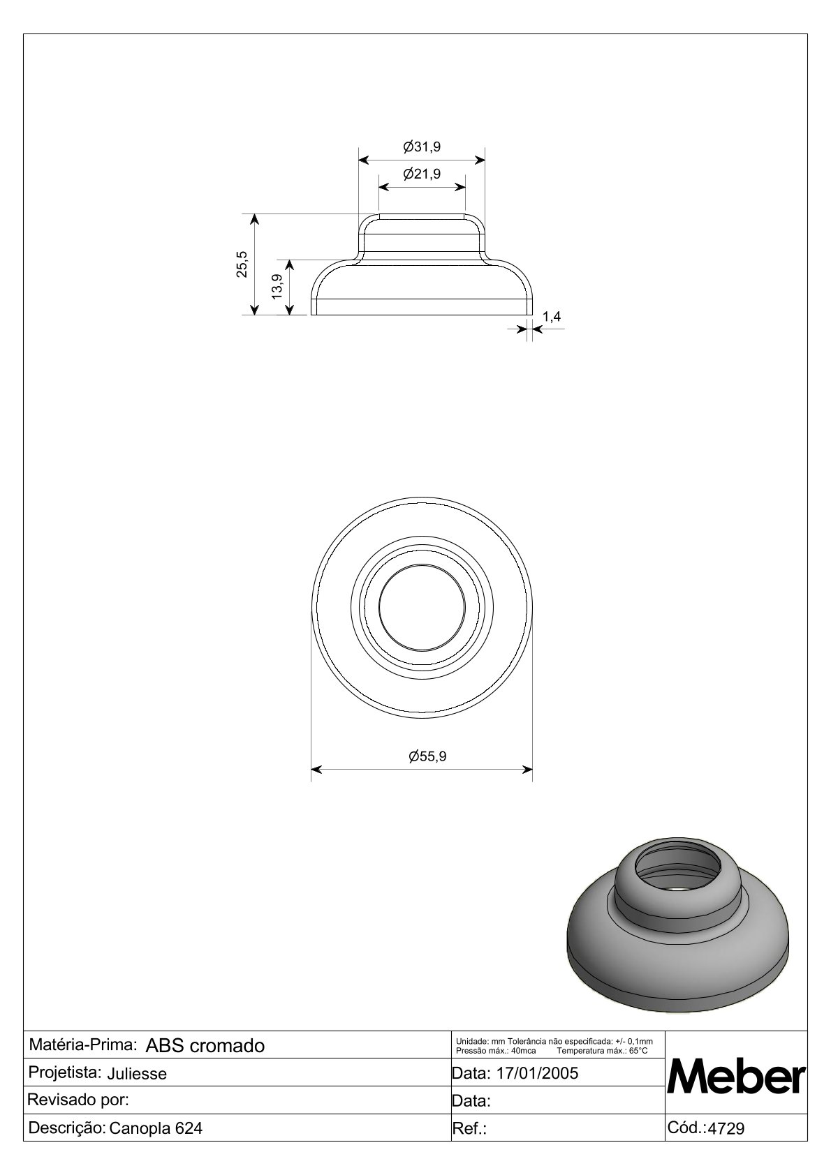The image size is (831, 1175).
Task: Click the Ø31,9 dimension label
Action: pos(422,147)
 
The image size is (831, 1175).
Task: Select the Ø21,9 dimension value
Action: pos(422,174)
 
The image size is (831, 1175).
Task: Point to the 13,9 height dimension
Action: pos(277,286)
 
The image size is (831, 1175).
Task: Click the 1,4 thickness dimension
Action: pos(551,316)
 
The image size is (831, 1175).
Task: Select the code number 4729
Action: pos(726,1128)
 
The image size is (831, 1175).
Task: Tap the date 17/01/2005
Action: pos(537,1073)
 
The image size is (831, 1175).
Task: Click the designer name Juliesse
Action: pos(137,1074)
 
